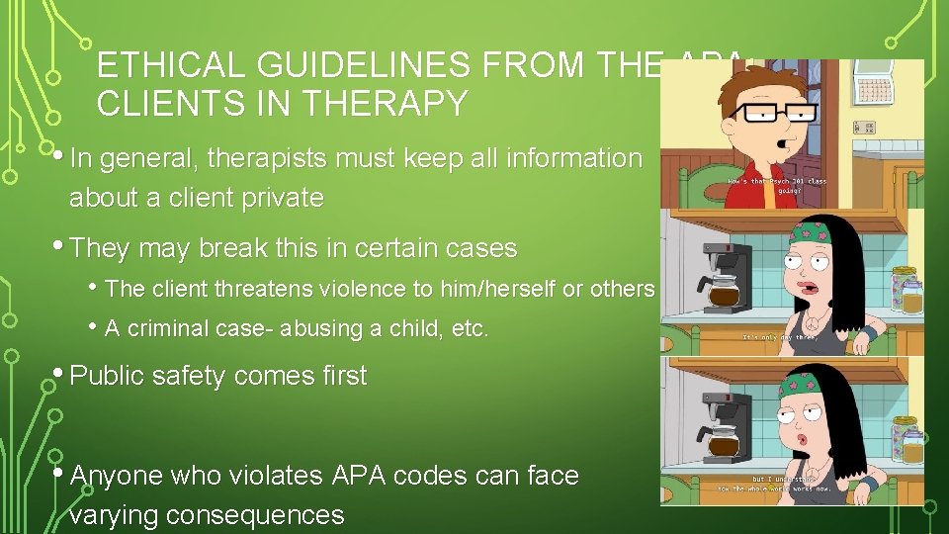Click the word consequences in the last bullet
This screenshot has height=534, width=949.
click(x=255, y=514)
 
